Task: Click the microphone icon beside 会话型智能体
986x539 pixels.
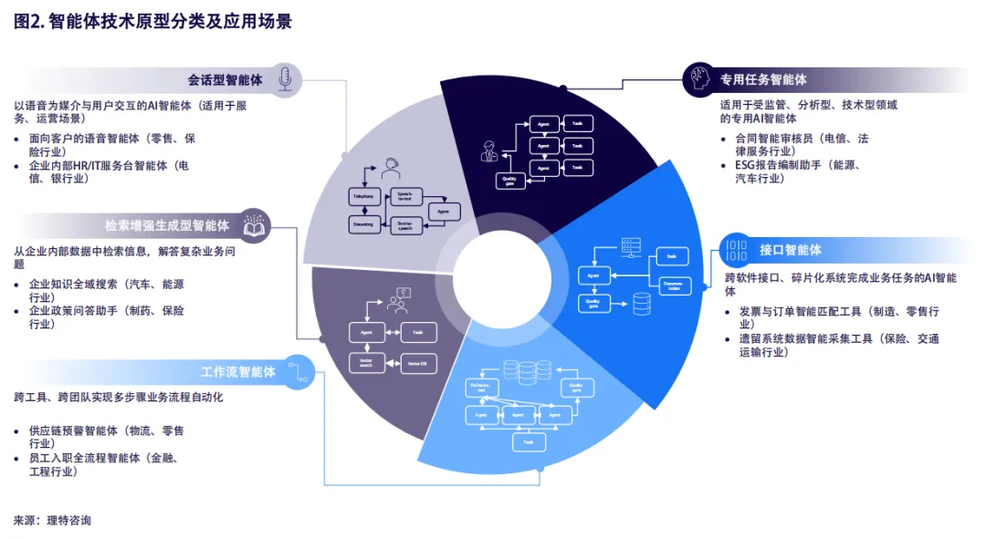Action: (x=285, y=78)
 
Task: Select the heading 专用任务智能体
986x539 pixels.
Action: (x=763, y=79)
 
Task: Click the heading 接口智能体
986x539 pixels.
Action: (x=791, y=249)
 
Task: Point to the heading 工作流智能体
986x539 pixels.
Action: (x=238, y=371)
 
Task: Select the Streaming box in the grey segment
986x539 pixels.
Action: (x=362, y=223)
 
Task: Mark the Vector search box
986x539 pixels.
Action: (x=366, y=364)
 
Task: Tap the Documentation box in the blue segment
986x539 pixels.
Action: (x=673, y=285)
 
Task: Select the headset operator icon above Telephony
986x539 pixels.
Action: (x=392, y=169)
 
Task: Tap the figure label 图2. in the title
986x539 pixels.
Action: (x=28, y=22)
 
